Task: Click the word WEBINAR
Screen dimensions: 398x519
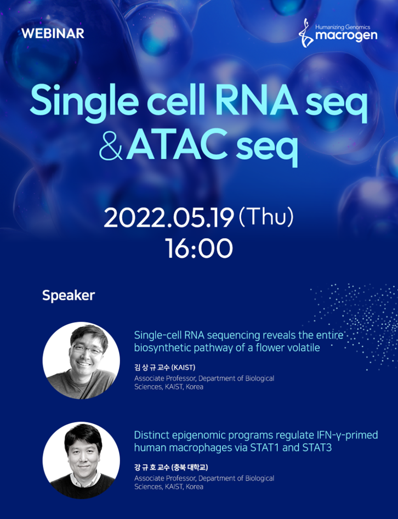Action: click(53, 33)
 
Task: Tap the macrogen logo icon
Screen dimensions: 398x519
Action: click(306, 33)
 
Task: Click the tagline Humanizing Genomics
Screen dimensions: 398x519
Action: click(343, 27)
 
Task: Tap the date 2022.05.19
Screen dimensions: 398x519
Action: click(169, 218)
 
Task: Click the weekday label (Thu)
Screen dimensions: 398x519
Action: click(266, 217)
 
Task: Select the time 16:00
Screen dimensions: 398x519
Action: click(199, 248)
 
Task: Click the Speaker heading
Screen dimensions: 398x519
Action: click(69, 296)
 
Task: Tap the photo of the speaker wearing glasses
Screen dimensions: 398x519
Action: click(81, 360)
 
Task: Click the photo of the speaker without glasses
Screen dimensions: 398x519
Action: click(81, 460)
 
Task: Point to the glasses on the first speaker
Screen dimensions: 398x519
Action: click(87, 349)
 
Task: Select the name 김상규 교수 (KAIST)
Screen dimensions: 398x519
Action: click(165, 368)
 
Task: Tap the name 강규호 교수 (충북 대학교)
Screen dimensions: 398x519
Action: click(171, 467)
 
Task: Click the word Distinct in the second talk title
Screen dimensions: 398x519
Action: click(151, 435)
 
